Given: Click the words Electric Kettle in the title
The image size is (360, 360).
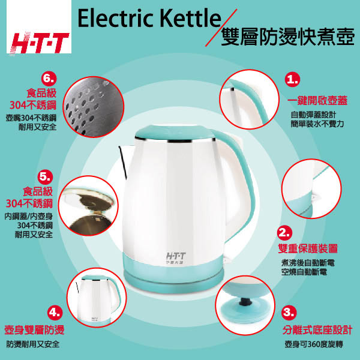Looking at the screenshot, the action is pyautogui.click(x=149, y=18).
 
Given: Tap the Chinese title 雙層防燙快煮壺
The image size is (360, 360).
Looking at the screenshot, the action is pyautogui.click(x=287, y=37).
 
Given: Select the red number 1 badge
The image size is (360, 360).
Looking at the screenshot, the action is pyautogui.click(x=292, y=79).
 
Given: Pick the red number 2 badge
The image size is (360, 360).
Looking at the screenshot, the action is pyautogui.click(x=285, y=233).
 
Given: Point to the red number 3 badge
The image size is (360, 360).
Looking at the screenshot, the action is pyautogui.click(x=289, y=312).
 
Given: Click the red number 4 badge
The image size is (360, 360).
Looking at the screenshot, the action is pyautogui.click(x=55, y=313).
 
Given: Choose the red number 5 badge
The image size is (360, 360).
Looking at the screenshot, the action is pyautogui.click(x=45, y=177).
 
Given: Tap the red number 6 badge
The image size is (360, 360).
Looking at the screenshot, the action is pyautogui.click(x=49, y=79).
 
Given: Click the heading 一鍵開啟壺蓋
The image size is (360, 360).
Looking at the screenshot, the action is pyautogui.click(x=317, y=101).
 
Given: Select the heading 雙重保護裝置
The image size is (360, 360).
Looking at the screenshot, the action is pyautogui.click(x=308, y=248).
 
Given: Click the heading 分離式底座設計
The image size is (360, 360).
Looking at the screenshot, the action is pyautogui.click(x=317, y=330).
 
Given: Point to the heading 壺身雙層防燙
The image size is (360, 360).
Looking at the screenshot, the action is pyautogui.click(x=34, y=330).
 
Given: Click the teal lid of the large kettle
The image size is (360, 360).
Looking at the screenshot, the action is pyautogui.click(x=175, y=132).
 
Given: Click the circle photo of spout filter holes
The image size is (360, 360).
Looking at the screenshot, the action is pyautogui.click(x=93, y=107).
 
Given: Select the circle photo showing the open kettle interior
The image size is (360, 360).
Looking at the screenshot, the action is pyautogui.click(x=88, y=206).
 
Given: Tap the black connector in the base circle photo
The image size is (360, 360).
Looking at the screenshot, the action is pyautogui.click(x=245, y=301).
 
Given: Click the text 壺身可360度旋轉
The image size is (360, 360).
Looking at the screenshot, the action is pyautogui.click(x=314, y=344).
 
